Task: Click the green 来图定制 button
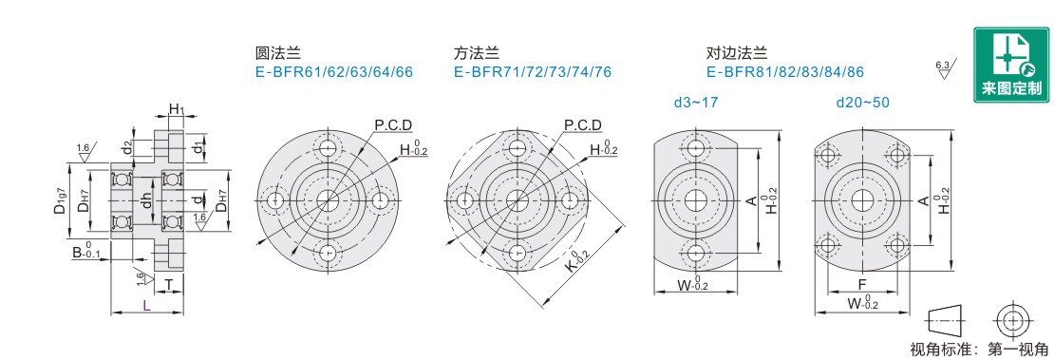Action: [x=1011, y=66]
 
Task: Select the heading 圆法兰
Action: [x=277, y=53]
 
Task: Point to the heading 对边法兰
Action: [x=737, y=53]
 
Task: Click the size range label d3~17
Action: [x=696, y=103]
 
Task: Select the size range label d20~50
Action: [x=862, y=103]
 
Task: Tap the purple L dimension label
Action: [x=146, y=306]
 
